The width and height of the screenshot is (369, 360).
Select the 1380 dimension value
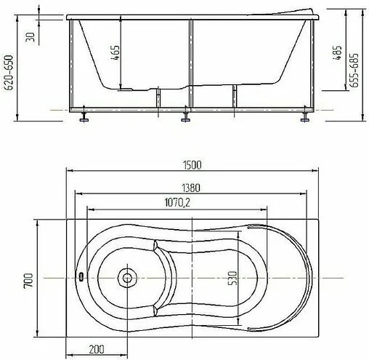(x=192, y=186)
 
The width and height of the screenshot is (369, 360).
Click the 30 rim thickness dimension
(x=30, y=36)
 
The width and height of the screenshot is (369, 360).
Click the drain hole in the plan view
(x=128, y=277)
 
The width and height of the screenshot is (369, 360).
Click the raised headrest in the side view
(x=283, y=14)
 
